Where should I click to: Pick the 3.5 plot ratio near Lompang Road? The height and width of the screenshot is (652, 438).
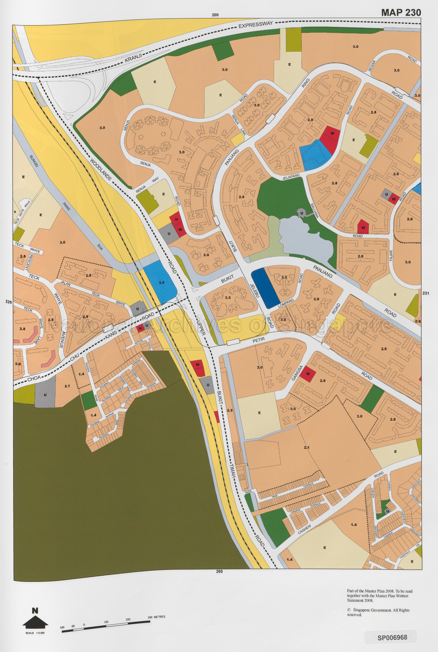284,277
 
